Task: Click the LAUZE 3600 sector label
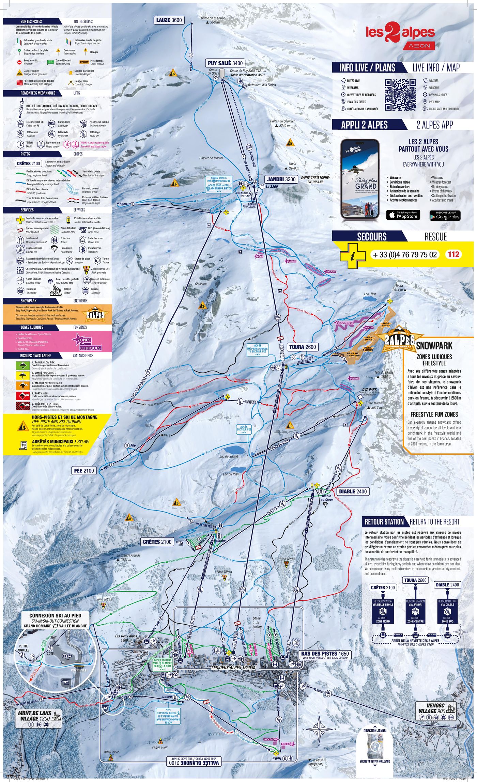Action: [x=169, y=20]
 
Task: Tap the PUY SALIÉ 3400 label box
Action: [x=225, y=63]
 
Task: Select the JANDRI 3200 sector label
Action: [x=281, y=179]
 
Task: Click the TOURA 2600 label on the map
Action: [x=303, y=347]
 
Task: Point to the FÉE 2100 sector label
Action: [x=84, y=471]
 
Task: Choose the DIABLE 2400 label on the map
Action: [x=353, y=491]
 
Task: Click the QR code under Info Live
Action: [x=400, y=95]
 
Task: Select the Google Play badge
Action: [x=445, y=215]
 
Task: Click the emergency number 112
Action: [x=453, y=254]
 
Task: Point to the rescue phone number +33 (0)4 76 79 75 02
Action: [x=405, y=255]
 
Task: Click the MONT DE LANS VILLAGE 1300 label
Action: [x=35, y=716]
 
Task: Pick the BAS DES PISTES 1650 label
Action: [x=325, y=654]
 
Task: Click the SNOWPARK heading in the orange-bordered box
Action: [x=434, y=346]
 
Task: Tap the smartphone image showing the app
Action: [x=360, y=179]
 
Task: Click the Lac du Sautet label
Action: [x=229, y=456]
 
